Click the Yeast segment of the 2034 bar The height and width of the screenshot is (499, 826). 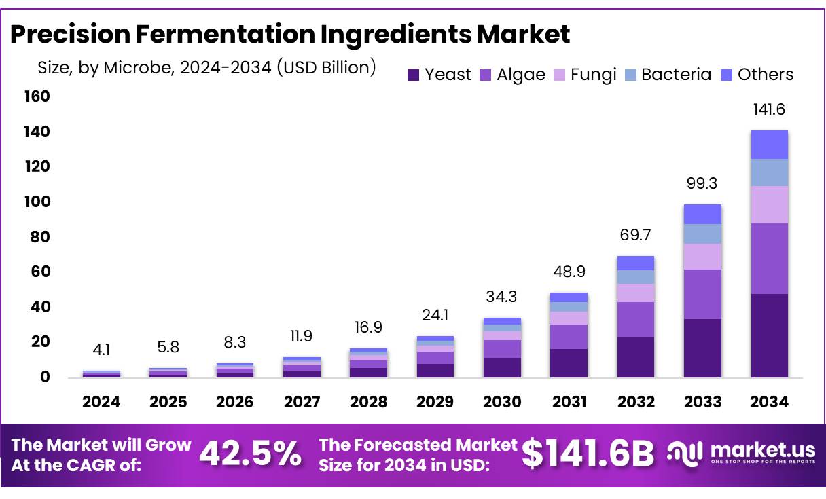click(769, 335)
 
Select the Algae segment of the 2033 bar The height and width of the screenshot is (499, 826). click(702, 294)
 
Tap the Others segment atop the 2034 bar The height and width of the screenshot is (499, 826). click(769, 145)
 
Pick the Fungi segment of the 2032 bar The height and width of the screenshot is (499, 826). click(635, 293)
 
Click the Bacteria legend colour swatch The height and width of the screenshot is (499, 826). click(631, 75)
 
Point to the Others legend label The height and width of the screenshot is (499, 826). click(766, 75)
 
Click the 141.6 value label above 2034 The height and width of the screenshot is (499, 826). click(769, 110)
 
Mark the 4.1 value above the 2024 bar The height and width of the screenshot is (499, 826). click(101, 351)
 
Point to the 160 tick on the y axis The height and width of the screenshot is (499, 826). click(38, 97)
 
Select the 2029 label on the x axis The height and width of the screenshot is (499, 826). click(435, 402)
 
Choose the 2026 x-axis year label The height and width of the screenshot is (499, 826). click(235, 402)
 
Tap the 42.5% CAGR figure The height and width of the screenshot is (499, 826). click(249, 454)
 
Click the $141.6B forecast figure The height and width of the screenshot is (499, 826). click(588, 454)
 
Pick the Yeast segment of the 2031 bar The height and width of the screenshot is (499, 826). click(569, 363)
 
